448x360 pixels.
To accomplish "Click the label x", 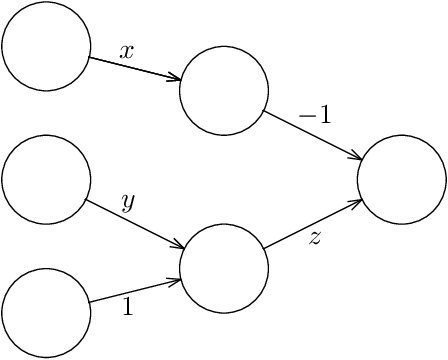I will [127, 52].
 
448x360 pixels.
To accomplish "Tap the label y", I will [127, 202].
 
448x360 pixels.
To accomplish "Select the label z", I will [314, 239].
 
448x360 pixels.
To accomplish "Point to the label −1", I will [314, 115].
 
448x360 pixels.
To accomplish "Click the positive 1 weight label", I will [127, 308].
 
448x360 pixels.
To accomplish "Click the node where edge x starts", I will [46, 46].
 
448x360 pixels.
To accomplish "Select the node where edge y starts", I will [46, 180].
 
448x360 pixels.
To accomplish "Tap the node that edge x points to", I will [224, 91].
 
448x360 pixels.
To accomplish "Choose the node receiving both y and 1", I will [224, 268].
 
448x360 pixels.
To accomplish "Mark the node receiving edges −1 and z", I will [401, 180].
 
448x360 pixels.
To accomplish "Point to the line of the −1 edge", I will [310, 134].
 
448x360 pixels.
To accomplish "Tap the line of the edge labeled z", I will [310, 225].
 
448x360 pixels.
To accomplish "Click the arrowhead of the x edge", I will [176, 79].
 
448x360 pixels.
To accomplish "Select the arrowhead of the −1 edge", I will [356, 157].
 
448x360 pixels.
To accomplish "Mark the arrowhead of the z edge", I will [356, 202].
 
